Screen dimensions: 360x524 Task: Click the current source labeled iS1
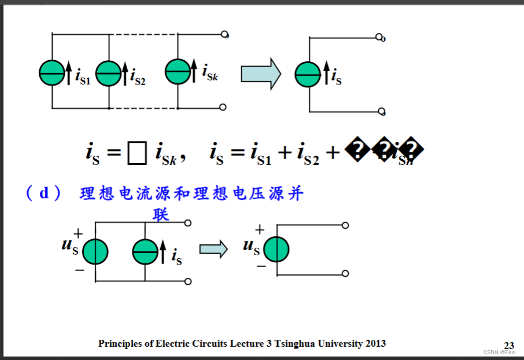[52, 73]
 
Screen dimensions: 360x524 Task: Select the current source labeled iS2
[108, 73]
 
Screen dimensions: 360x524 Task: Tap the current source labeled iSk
[178, 72]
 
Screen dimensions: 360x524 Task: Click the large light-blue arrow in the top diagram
[260, 74]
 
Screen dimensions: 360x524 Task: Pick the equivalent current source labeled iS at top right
[308, 74]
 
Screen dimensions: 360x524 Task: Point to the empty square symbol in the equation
[136, 154]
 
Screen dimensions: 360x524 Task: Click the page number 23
[509, 346]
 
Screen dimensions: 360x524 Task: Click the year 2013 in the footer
[375, 343]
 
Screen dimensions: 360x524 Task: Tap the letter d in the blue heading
[45, 193]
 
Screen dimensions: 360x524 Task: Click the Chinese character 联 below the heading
[160, 215]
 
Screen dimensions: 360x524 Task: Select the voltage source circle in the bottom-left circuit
[95, 252]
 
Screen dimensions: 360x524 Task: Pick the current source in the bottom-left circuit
[145, 252]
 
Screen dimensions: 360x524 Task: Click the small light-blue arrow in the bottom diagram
[213, 249]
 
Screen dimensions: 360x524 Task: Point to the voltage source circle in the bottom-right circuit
[276, 250]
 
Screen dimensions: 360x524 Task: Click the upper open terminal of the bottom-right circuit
[345, 226]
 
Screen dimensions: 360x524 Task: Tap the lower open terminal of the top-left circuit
[223, 107]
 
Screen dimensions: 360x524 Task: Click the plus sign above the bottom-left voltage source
[78, 233]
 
